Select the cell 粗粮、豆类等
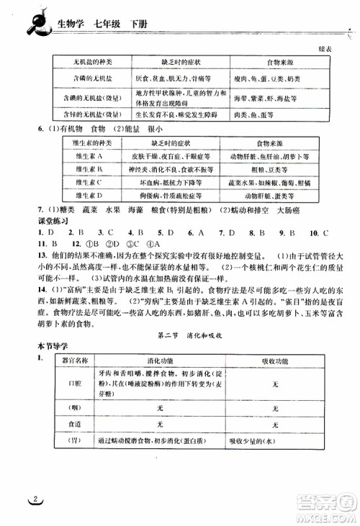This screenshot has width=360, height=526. click(x=270, y=170)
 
